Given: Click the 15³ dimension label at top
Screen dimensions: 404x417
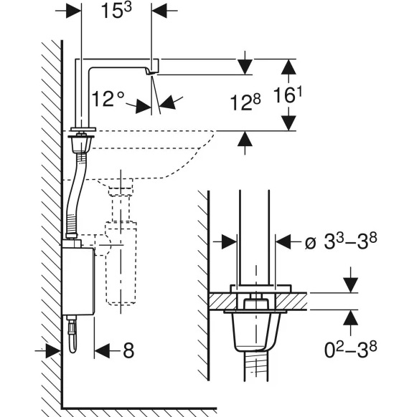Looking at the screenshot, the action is (116, 11).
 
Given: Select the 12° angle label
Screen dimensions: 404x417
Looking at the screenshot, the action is (108, 99).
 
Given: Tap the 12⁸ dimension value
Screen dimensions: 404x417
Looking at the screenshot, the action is (245, 102).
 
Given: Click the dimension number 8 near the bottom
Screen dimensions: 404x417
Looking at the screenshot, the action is (128, 350).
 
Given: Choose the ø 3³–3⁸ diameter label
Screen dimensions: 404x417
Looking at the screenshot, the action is (341, 242).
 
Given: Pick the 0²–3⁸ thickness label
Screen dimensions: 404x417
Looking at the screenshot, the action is (350, 350).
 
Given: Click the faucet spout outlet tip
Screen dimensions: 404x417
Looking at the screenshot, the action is (151, 73).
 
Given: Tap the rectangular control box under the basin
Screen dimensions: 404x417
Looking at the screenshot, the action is (78, 281).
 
